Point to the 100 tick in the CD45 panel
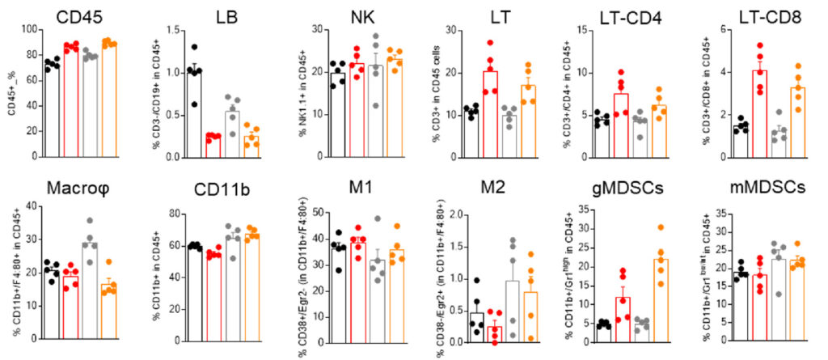(31, 31)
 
